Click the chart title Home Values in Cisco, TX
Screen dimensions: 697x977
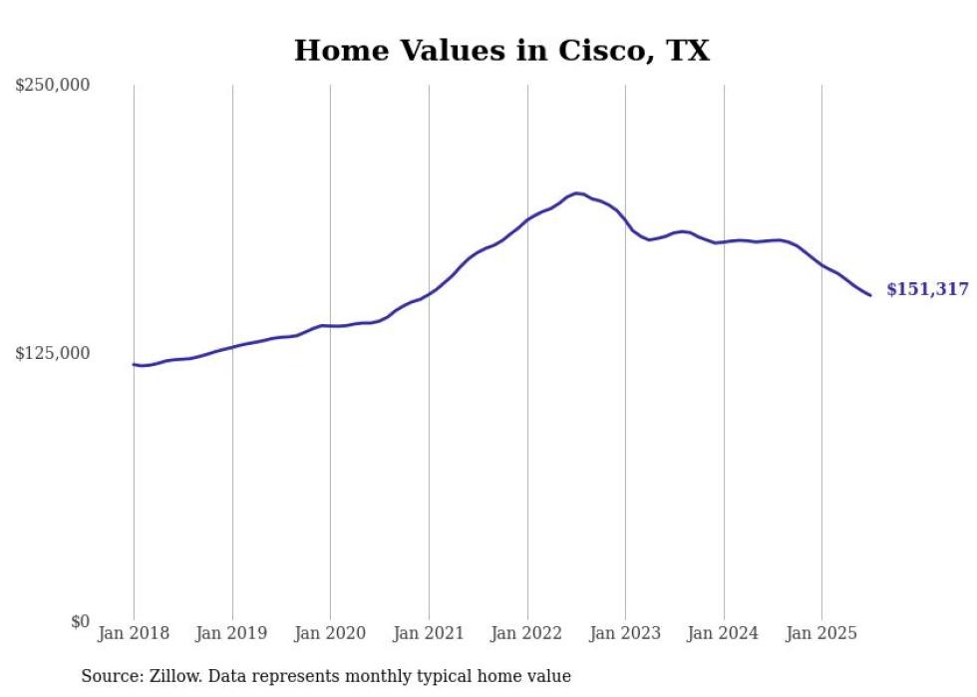(501, 51)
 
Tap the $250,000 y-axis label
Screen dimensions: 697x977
(52, 86)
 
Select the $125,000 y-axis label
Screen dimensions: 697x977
(52, 353)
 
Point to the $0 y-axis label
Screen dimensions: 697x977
(80, 621)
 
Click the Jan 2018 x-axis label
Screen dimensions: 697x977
(134, 633)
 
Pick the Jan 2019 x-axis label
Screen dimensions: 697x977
(232, 633)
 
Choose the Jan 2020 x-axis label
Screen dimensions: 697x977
(330, 633)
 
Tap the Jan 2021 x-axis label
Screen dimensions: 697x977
(429, 633)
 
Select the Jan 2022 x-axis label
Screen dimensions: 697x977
(527, 633)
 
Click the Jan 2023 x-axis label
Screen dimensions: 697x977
(625, 633)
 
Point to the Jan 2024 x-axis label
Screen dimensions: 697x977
(724, 633)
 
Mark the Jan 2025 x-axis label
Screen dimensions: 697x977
(821, 633)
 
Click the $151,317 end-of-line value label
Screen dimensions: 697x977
(927, 289)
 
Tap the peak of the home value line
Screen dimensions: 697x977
(576, 193)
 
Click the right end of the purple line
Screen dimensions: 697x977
(870, 295)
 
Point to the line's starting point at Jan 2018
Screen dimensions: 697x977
(134, 364)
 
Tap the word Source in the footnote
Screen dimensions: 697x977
(111, 676)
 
